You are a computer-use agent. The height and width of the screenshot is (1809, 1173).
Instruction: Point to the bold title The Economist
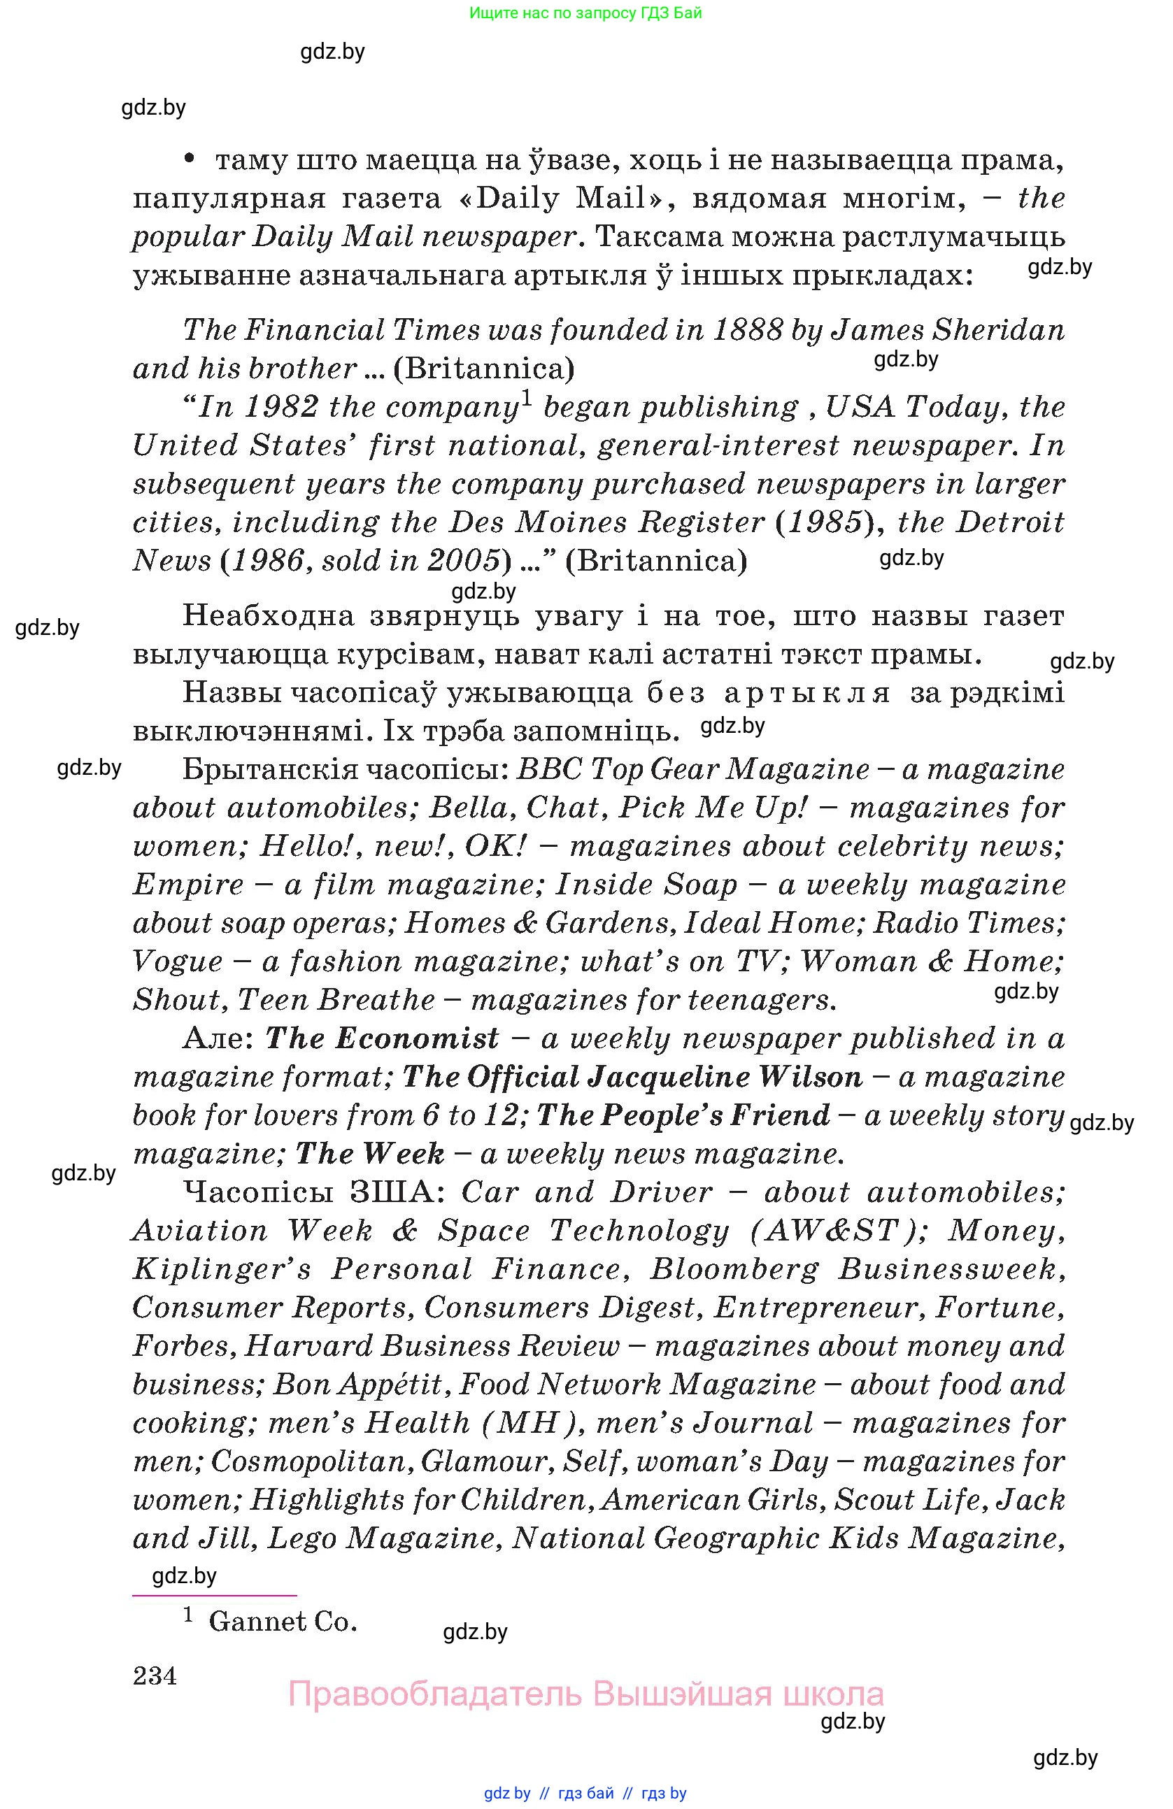pos(382,1038)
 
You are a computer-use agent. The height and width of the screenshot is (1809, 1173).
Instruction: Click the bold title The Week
pos(369,1154)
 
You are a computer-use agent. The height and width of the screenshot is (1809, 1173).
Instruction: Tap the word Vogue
pos(177,961)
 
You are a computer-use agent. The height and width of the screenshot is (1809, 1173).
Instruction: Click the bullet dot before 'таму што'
pos(190,158)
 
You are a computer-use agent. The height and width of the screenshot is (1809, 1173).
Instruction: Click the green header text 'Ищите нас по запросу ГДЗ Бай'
pos(585,13)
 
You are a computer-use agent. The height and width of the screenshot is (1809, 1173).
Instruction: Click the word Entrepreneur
pos(818,1308)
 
